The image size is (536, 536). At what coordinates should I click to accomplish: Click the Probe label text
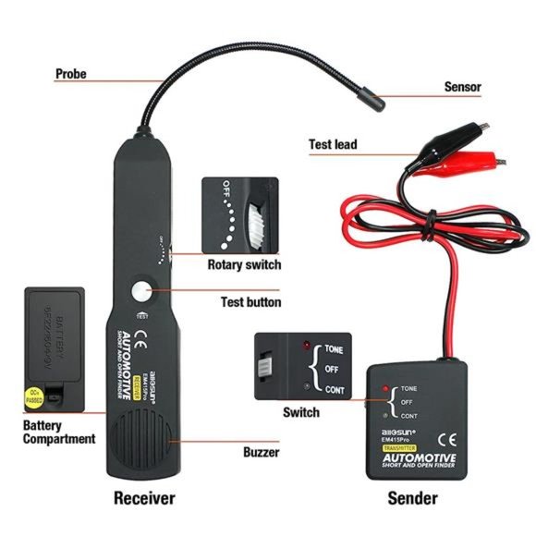point(71,73)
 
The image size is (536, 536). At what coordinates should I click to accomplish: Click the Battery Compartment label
point(59,432)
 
